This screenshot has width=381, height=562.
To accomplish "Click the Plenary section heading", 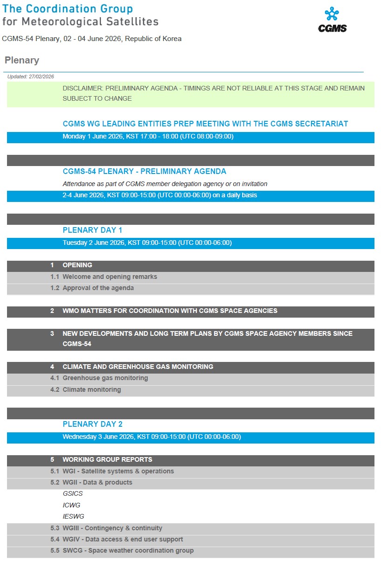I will pyautogui.click(x=22, y=61).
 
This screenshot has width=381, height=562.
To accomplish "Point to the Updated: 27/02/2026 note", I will pyautogui.click(x=31, y=76).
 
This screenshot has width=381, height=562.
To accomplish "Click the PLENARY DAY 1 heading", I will pyautogui.click(x=92, y=230).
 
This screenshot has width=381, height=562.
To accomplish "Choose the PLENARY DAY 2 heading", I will pyautogui.click(x=92, y=424).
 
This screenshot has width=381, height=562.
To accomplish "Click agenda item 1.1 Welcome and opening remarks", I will pyautogui.click(x=110, y=277).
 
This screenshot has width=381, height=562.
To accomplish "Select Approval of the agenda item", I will pyautogui.click(x=98, y=288).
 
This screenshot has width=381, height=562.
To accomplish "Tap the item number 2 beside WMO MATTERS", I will pyautogui.click(x=52, y=311).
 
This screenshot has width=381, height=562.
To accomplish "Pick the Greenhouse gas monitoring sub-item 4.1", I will pyautogui.click(x=105, y=378).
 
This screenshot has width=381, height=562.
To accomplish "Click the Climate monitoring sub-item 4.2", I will pyautogui.click(x=91, y=389).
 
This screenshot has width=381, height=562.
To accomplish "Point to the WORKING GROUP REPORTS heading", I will pyautogui.click(x=107, y=459).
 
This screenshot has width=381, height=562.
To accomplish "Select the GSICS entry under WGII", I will pyautogui.click(x=73, y=493).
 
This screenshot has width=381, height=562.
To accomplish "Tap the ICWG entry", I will pyautogui.click(x=71, y=505).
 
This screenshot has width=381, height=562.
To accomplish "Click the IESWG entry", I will pyautogui.click(x=73, y=516).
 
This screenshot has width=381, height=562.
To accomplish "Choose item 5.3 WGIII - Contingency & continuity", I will pyautogui.click(x=112, y=528).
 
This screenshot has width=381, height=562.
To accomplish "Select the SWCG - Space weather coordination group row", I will pyautogui.click(x=128, y=551).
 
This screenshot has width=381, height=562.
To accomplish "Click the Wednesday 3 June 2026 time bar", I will pyautogui.click(x=152, y=437).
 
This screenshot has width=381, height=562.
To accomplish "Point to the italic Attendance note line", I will pyautogui.click(x=165, y=184).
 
